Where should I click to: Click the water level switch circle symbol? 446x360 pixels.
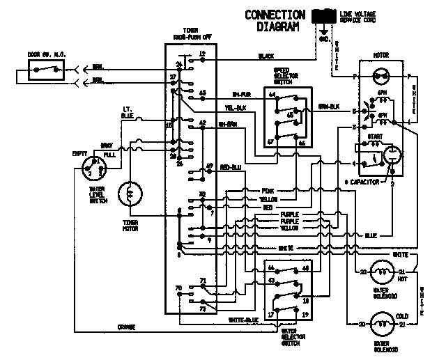click(x=91, y=167)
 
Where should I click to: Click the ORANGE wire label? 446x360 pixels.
click(x=125, y=327)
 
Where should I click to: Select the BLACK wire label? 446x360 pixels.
click(x=266, y=56)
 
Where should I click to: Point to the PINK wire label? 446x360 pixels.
click(x=268, y=190)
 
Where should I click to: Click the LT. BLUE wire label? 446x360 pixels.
click(x=126, y=114)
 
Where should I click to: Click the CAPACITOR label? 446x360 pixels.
click(x=362, y=181)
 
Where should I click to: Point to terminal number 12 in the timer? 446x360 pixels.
click(x=201, y=54)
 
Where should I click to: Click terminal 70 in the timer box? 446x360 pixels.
click(x=178, y=288)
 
